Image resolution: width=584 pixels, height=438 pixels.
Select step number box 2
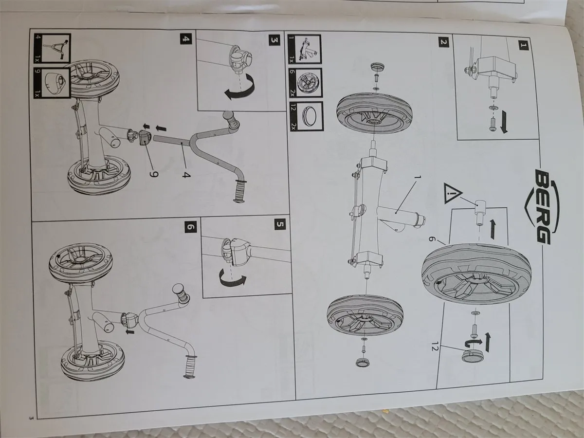click(x=443, y=42)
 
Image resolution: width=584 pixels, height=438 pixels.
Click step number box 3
click(x=274, y=40)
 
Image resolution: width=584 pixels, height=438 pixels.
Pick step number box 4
click(x=186, y=39)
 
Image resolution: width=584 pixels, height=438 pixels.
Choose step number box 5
click(x=280, y=225)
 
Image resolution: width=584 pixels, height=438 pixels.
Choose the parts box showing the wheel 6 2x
click(x=306, y=83)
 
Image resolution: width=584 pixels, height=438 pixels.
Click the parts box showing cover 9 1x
click(x=53, y=83)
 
